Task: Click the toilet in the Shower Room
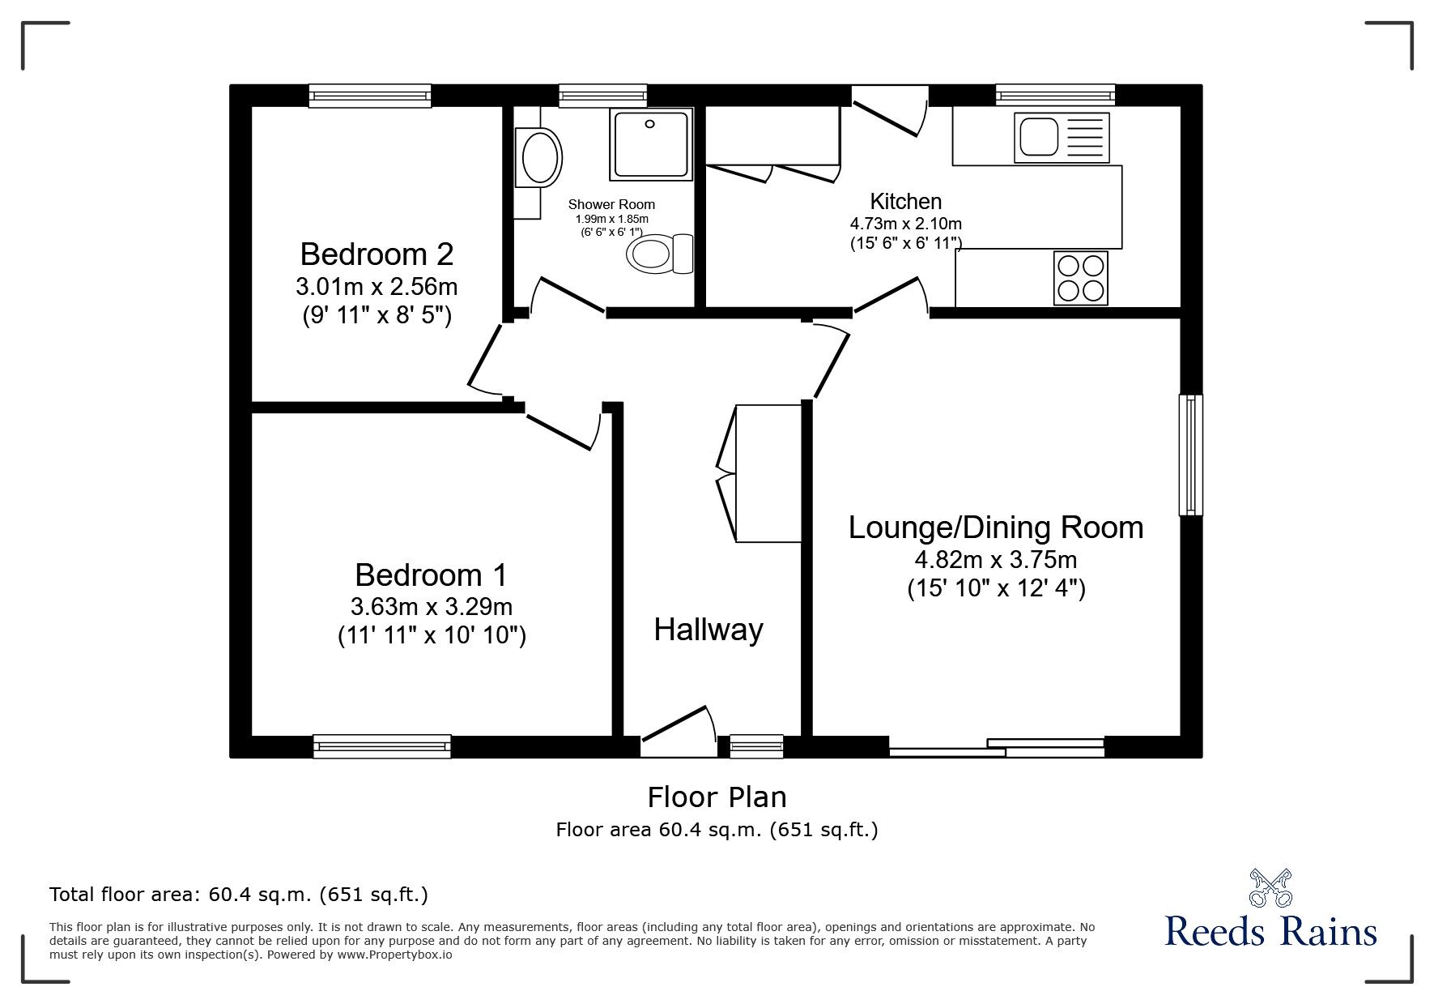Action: click(660, 254)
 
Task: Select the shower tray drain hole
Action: click(649, 124)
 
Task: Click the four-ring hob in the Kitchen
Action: click(1080, 278)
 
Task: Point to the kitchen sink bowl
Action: click(1037, 136)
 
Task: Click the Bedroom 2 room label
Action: click(377, 254)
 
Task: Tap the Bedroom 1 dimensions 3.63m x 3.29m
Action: click(432, 606)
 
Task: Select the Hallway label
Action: click(708, 630)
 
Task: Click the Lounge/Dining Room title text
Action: click(996, 528)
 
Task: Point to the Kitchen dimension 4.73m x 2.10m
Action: click(906, 224)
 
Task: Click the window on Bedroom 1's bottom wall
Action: click(382, 746)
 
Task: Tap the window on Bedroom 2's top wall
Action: click(370, 96)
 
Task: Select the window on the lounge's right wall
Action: click(1190, 455)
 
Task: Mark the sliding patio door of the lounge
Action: click(997, 747)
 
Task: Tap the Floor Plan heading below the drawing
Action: click(717, 797)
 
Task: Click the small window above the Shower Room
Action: click(603, 96)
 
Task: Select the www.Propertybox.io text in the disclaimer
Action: click(396, 955)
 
